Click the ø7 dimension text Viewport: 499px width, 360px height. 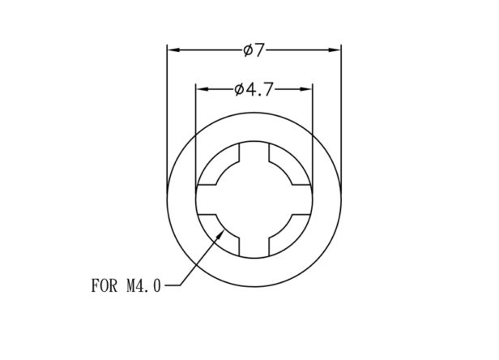pos(254,50)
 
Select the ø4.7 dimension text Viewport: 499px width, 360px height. pos(254,89)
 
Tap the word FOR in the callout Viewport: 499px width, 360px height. pos(104,285)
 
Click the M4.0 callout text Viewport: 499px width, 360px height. pos(144,285)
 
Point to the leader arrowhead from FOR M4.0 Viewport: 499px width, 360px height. pos(220,235)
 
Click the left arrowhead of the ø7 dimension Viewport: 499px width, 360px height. pos(173,50)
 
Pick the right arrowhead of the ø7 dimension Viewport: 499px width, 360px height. pos(335,50)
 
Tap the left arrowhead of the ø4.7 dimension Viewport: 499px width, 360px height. pos(202,89)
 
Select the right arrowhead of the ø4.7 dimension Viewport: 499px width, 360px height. pos(306,89)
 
